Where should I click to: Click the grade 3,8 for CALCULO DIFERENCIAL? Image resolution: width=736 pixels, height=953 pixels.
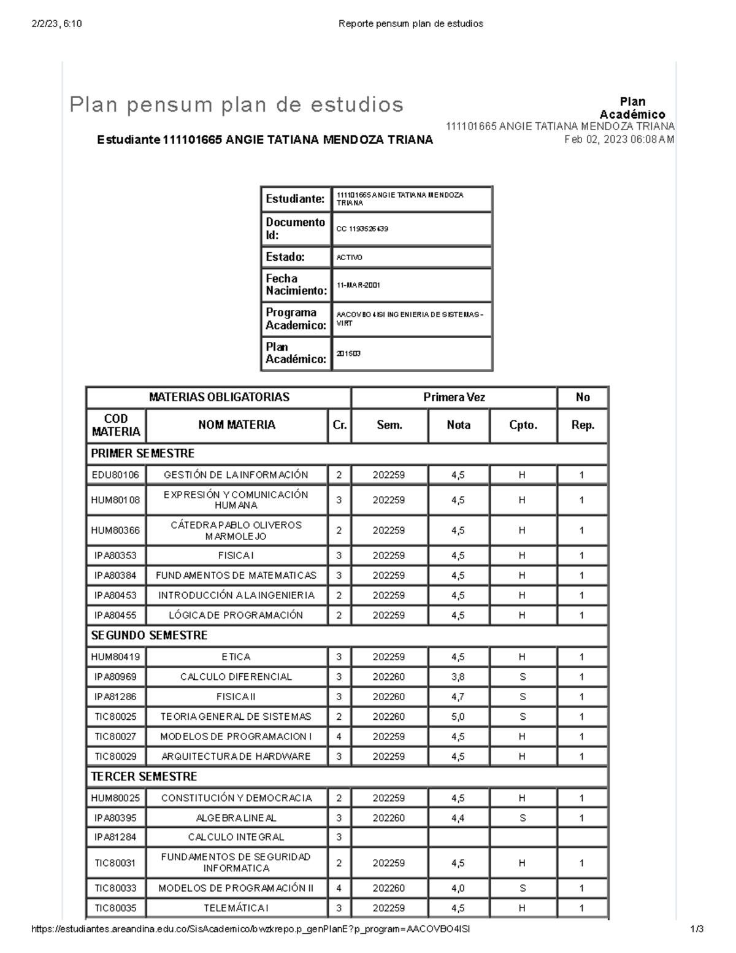click(458, 677)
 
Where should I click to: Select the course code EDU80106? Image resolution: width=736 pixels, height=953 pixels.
click(115, 475)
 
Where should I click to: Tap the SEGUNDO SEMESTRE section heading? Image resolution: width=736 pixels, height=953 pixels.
click(149, 636)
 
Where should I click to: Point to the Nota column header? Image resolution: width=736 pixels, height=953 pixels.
click(458, 425)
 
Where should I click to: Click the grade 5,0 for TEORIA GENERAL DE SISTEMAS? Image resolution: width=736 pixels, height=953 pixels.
click(458, 717)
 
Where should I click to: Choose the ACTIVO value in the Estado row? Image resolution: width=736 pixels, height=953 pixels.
click(349, 258)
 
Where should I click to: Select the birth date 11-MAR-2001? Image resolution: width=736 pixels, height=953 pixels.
click(358, 285)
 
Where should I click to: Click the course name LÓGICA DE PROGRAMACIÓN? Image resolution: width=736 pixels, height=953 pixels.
click(236, 615)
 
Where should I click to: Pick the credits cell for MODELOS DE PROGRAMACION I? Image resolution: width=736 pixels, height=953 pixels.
click(339, 736)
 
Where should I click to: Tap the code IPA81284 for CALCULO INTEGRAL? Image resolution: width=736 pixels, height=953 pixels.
click(115, 837)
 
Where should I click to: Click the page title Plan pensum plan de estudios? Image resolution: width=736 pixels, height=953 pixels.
click(237, 105)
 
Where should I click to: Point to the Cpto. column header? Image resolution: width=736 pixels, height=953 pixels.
click(523, 425)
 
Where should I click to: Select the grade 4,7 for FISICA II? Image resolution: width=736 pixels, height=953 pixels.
click(458, 697)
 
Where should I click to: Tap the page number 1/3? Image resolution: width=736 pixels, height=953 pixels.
click(696, 929)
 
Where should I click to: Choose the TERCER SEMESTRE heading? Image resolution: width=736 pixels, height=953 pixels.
click(144, 777)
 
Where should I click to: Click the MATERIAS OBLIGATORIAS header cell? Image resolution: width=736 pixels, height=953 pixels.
click(219, 397)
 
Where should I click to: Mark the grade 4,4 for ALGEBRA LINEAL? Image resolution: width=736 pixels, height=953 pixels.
click(458, 818)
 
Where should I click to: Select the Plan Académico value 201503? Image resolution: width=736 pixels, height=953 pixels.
click(348, 353)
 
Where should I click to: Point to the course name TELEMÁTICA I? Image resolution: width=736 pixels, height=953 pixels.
click(236, 908)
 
